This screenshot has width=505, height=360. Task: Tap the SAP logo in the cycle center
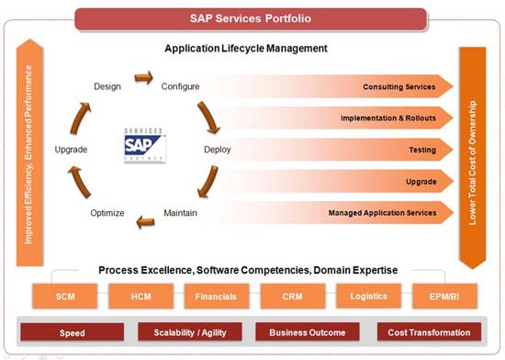tap(144, 144)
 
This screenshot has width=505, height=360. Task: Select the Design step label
tap(107, 86)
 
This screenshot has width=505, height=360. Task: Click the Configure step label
tap(180, 86)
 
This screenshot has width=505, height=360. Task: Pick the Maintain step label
tap(180, 213)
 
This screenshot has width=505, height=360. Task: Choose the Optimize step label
tap(107, 213)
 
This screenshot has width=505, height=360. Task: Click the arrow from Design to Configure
tap(143, 79)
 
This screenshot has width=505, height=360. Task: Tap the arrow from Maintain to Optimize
tap(143, 219)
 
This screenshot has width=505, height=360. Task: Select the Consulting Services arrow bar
tap(367, 86)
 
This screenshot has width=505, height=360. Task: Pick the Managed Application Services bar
tap(367, 213)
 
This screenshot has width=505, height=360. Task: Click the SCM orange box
tap(65, 297)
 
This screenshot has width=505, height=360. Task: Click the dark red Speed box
tap(73, 332)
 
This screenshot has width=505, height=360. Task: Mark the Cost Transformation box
tap(429, 332)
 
